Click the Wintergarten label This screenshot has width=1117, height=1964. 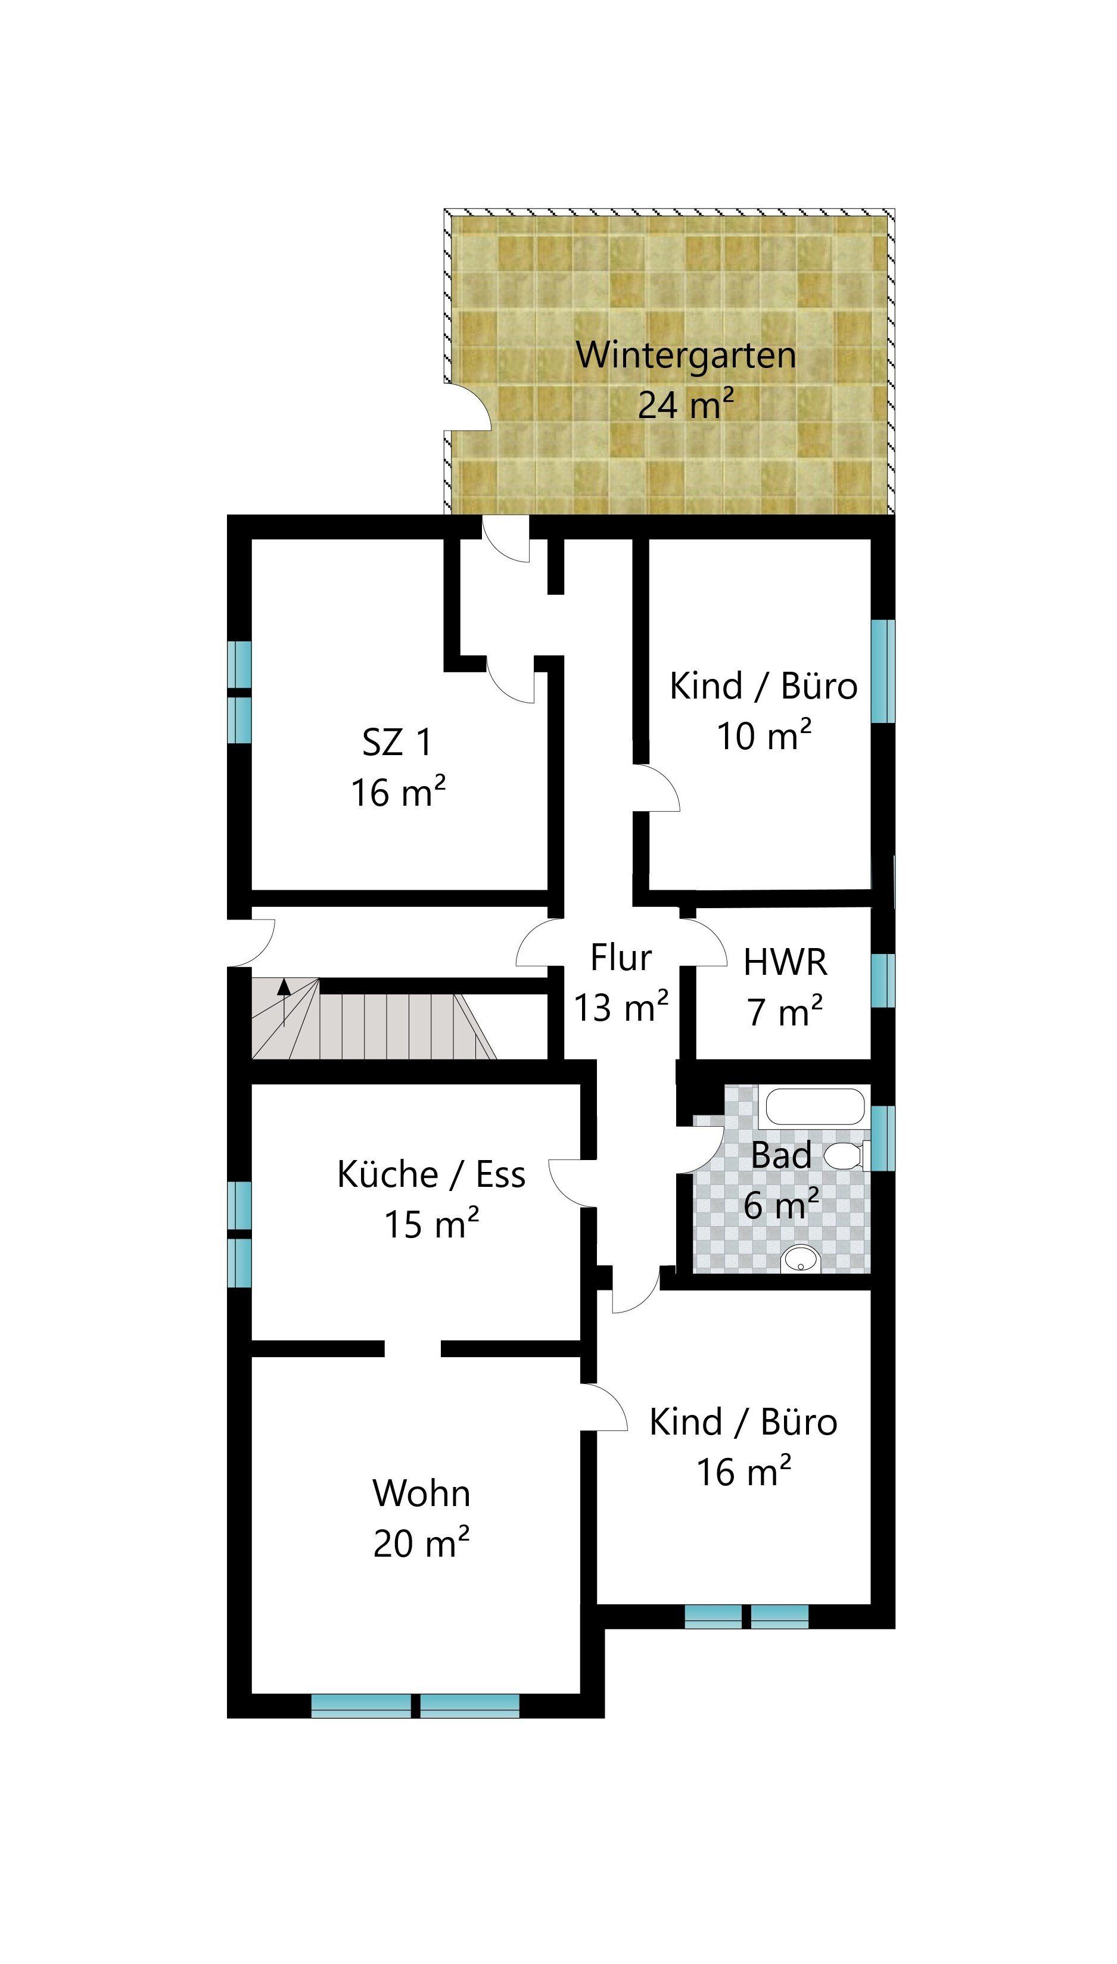click(x=686, y=355)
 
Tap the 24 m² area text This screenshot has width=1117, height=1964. click(x=686, y=403)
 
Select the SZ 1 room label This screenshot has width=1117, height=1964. click(x=397, y=741)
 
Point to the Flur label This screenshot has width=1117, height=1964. click(x=621, y=957)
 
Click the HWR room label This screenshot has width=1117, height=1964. click(x=785, y=962)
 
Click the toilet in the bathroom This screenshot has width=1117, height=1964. click(x=846, y=1156)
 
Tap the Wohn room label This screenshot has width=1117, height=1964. click(x=421, y=1493)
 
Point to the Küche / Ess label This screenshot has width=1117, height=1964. click(x=431, y=1174)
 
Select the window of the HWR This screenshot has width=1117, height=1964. click(x=883, y=980)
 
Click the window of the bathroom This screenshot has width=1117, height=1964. click(x=883, y=1138)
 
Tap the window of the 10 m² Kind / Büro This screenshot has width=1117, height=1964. click(x=883, y=671)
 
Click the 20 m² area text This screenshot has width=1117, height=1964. click(x=421, y=1542)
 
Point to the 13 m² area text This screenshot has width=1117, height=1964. click(x=621, y=1006)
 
